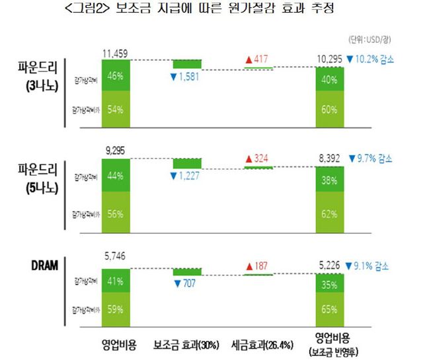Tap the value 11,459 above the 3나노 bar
(117, 52)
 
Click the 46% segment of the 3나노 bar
(116, 76)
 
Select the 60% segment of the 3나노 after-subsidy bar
(330, 110)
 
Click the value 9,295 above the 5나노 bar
(117, 151)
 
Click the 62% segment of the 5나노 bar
(330, 213)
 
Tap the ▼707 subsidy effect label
(186, 283)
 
